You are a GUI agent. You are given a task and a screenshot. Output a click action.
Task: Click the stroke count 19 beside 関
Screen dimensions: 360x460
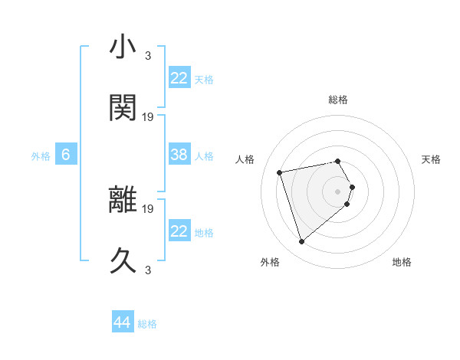[x=148, y=116]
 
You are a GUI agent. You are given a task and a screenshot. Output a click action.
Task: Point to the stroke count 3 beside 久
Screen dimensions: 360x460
[x=148, y=270]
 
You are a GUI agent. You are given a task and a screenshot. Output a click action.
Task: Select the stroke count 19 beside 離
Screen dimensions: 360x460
[x=148, y=208]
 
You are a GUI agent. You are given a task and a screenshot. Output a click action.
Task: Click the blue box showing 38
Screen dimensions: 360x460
[x=179, y=155]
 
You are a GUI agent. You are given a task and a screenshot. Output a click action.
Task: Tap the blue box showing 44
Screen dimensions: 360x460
[x=123, y=322]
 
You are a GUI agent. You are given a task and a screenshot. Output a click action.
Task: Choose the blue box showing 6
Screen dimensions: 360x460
[x=66, y=155]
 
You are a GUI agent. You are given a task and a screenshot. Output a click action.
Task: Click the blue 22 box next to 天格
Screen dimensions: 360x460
[x=179, y=78]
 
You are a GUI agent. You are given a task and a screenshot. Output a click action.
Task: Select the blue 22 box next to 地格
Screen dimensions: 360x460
[x=179, y=231]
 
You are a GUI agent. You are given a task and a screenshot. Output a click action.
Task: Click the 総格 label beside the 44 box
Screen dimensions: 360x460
[x=147, y=324]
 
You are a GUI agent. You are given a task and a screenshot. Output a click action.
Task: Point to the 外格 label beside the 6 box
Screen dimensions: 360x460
[x=41, y=156]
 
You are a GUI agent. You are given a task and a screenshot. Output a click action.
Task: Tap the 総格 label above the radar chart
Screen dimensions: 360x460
[x=338, y=100]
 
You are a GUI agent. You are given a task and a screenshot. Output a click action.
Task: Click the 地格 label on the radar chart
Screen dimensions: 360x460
[x=402, y=262]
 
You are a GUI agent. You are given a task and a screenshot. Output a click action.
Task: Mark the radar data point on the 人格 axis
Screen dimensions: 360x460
[x=280, y=172]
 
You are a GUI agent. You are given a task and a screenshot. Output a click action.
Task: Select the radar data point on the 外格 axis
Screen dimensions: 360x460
[x=301, y=242]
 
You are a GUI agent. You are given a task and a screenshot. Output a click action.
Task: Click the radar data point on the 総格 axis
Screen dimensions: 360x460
[x=338, y=161]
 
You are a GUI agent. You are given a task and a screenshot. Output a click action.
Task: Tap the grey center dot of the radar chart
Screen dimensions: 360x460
[x=338, y=191]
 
